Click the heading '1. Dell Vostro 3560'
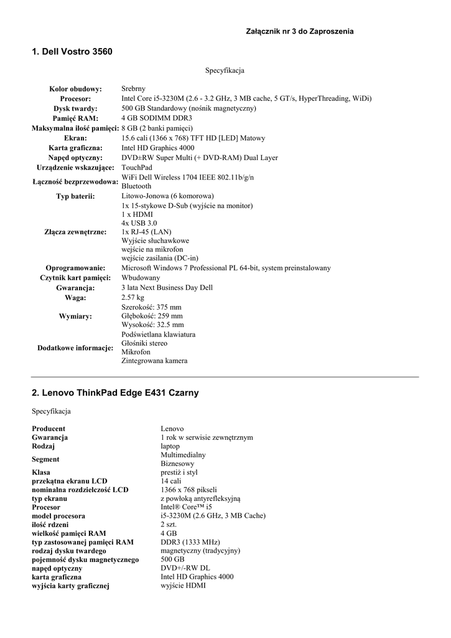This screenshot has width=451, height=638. click(72, 51)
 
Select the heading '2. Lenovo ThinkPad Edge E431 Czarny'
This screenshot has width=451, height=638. click(115, 393)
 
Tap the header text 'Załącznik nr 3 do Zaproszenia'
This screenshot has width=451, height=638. click(300, 31)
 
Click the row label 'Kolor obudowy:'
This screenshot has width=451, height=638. click(75, 89)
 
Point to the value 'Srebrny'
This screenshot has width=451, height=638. click(133, 89)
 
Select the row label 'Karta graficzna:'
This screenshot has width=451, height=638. click(75, 148)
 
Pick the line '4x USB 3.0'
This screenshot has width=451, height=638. click(139, 223)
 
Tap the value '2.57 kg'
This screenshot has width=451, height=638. click(132, 298)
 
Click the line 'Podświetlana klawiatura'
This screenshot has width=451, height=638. click(158, 335)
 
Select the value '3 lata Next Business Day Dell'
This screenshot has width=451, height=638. click(167, 288)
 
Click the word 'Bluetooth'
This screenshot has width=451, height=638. click(136, 186)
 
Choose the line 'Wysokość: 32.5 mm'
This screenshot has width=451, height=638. click(152, 325)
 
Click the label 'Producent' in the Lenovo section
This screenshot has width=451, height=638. click(49, 429)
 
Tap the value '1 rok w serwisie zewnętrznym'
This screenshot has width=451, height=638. click(207, 437)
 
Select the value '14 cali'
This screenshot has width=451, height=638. click(170, 481)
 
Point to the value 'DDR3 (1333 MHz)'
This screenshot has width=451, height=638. click(190, 542)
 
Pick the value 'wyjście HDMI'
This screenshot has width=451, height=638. click(183, 586)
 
